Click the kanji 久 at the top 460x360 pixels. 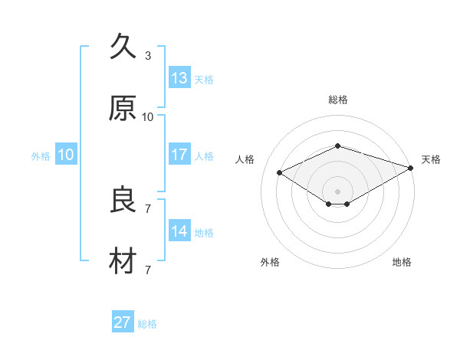[123, 46]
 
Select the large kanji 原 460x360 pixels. [123, 108]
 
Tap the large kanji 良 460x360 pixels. [123, 199]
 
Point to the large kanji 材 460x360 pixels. [123, 260]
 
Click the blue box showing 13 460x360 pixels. [179, 77]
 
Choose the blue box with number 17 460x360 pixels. [179, 154]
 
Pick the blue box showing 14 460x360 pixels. [179, 230]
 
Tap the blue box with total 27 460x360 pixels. [123, 321]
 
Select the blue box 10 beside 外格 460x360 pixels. [66, 154]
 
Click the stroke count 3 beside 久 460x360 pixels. [148, 56]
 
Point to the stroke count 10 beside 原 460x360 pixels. [147, 117]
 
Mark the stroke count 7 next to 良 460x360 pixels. [148, 209]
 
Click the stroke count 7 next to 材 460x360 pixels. [148, 270]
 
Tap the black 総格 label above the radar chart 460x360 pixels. [338, 100]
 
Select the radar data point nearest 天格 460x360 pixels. [411, 168]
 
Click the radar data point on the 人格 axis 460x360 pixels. [280, 172]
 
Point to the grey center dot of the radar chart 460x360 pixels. [337, 191]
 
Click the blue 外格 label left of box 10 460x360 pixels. [41, 156]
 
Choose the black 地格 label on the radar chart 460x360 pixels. [402, 262]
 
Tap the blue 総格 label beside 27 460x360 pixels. [147, 324]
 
